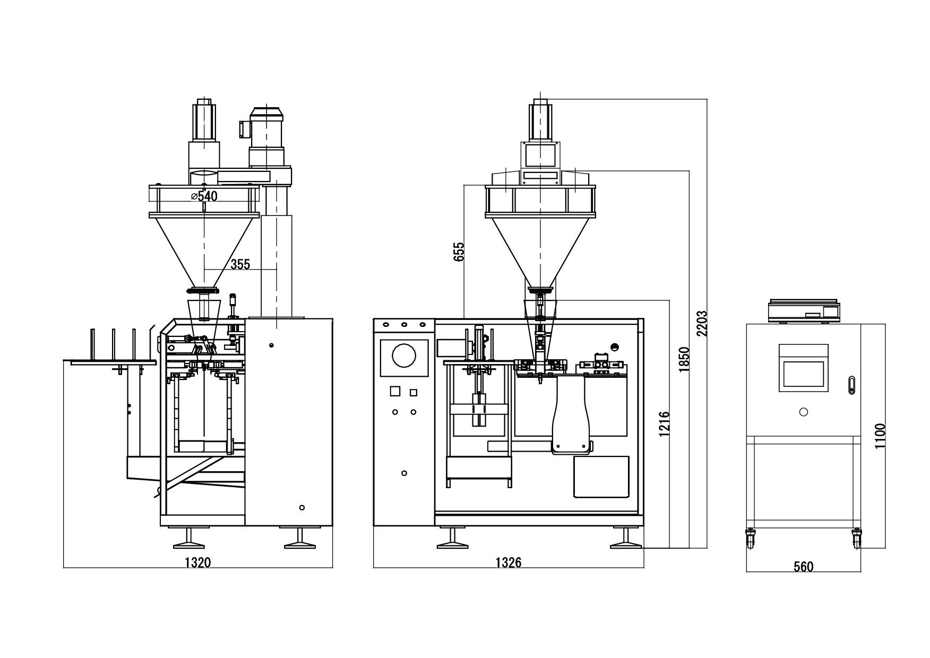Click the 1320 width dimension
tap(197, 562)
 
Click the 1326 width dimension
tap(508, 562)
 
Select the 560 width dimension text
tap(803, 567)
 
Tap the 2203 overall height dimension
tap(702, 324)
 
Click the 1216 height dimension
tap(664, 425)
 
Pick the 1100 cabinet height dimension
tap(880, 436)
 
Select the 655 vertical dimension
tap(459, 252)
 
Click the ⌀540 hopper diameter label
tap(204, 196)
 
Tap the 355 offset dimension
tap(240, 264)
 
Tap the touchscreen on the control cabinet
tap(803, 374)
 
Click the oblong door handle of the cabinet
tap(851, 385)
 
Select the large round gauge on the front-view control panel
tap(404, 356)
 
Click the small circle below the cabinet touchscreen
tap(803, 412)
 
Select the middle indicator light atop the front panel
tap(404, 324)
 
